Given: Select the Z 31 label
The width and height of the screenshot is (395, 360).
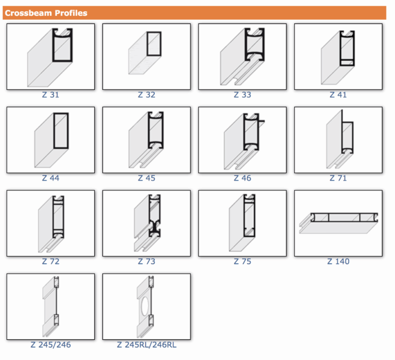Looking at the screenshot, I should pyautogui.click(x=51, y=95).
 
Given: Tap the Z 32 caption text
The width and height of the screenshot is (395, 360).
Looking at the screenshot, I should pyautogui.click(x=146, y=95).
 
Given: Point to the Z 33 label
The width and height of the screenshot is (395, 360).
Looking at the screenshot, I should pyautogui.click(x=242, y=95).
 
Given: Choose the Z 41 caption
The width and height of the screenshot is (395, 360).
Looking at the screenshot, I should pyautogui.click(x=338, y=95).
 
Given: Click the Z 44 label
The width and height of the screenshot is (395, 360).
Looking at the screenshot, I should pyautogui.click(x=51, y=178).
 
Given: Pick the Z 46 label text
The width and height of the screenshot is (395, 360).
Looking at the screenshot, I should pyautogui.click(x=242, y=178).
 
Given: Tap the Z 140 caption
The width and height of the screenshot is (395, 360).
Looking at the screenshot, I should pyautogui.click(x=338, y=261).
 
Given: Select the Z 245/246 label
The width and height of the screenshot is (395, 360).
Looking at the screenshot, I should pyautogui.click(x=51, y=345).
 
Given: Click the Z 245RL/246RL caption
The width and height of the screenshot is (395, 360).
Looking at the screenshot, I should pyautogui.click(x=146, y=345).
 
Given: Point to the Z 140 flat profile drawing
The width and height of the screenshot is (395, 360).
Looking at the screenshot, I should pyautogui.click(x=338, y=223).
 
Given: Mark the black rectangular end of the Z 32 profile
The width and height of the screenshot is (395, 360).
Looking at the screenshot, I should pyautogui.click(x=154, y=44).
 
